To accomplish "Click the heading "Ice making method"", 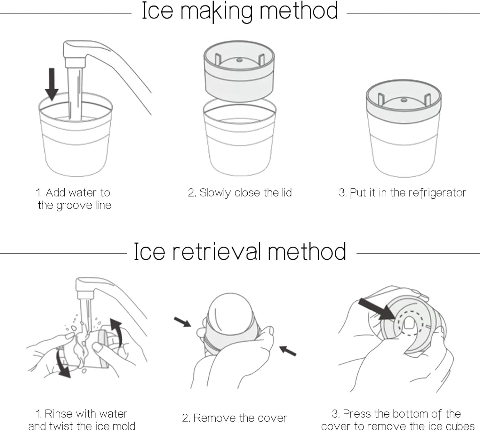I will point(240,12).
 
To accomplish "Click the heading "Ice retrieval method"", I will point(240,252).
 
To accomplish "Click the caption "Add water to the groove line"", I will point(74,199).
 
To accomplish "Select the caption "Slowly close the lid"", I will point(240,193).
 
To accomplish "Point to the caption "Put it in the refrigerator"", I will point(402,193).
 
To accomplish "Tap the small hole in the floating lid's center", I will point(239,60).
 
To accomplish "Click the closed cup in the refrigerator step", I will point(404,131).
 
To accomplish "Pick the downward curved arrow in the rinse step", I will point(62,363).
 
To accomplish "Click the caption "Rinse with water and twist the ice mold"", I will point(82,420).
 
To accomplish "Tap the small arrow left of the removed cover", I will point(182,322).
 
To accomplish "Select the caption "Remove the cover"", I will point(235,418).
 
